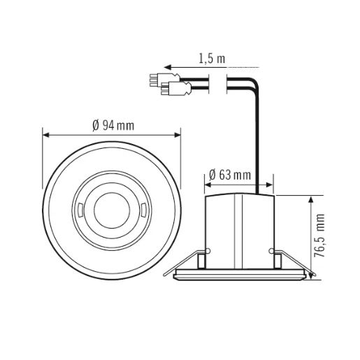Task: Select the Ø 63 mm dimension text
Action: click(231, 174)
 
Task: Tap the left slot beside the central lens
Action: click(81, 208)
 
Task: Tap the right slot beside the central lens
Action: click(143, 208)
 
